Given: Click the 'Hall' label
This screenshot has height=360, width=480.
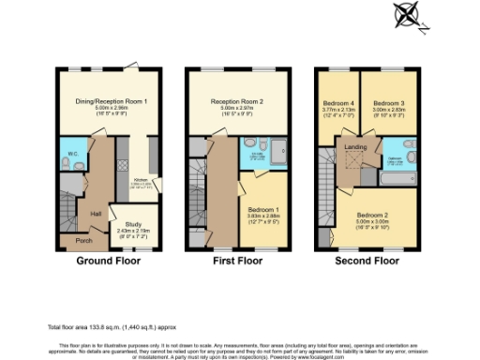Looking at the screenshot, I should tap(96, 215).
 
